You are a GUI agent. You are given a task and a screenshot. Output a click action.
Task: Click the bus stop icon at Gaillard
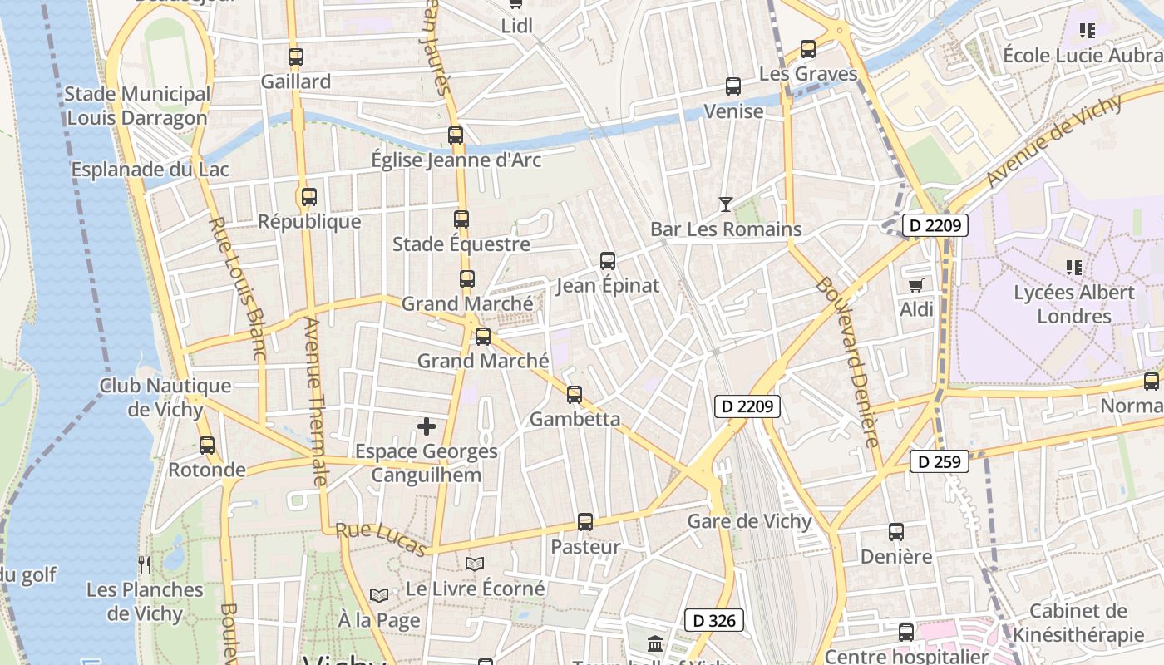coord(296,57)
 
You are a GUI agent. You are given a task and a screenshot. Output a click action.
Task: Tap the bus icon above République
coord(309,197)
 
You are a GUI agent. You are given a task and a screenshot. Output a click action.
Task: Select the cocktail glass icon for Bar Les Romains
coord(726,204)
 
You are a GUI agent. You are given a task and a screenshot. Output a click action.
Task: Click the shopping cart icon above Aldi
coord(916,286)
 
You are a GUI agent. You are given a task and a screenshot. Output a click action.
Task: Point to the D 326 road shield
coord(713,620)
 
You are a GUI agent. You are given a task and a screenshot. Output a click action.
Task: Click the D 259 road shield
coord(940,461)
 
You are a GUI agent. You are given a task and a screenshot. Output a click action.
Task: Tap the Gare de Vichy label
coord(749,521)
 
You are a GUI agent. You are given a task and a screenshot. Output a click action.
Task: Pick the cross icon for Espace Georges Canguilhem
coord(427,427)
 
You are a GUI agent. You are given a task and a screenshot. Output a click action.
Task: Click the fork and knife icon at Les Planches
coord(145,565)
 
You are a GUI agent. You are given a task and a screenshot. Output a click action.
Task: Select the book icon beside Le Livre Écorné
coord(475,564)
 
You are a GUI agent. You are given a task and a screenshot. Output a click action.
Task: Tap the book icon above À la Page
coord(379,595)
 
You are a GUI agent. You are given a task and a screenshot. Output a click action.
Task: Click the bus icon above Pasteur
coord(585,522)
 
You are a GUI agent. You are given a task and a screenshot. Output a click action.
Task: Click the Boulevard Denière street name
coord(848,361)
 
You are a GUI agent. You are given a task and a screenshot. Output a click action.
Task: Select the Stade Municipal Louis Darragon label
coord(136,106)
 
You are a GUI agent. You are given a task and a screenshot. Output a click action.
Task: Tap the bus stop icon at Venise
coord(733,86)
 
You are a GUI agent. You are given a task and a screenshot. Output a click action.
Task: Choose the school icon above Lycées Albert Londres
coord(1074,268)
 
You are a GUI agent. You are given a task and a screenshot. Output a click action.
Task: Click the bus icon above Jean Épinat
coord(608,261)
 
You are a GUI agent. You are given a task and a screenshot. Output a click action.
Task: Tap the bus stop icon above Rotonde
coord(207,446)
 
